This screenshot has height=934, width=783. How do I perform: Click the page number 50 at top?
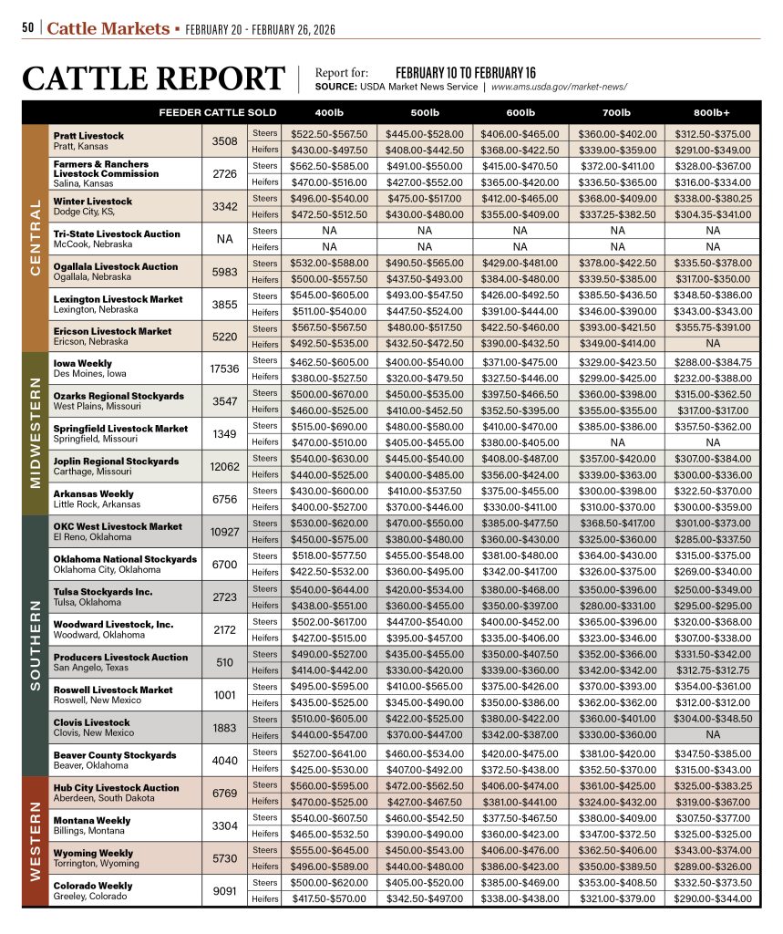click(x=28, y=28)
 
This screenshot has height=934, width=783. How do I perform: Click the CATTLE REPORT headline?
click(x=153, y=78)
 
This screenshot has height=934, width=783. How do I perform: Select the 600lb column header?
click(x=520, y=112)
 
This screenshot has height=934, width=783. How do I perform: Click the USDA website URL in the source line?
click(x=559, y=87)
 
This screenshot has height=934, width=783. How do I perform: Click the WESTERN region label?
click(x=36, y=842)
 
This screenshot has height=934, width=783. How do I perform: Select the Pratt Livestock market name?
click(x=88, y=135)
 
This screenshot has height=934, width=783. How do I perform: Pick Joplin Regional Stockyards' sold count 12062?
click(x=223, y=466)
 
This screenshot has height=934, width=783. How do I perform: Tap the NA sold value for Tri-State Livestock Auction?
click(x=223, y=239)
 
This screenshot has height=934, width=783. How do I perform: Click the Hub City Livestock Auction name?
click(x=117, y=787)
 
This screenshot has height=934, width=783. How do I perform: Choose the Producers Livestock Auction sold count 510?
click(x=223, y=662)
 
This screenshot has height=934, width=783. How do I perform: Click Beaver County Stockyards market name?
click(x=115, y=755)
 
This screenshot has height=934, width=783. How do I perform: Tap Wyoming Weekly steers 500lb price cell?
click(x=425, y=850)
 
